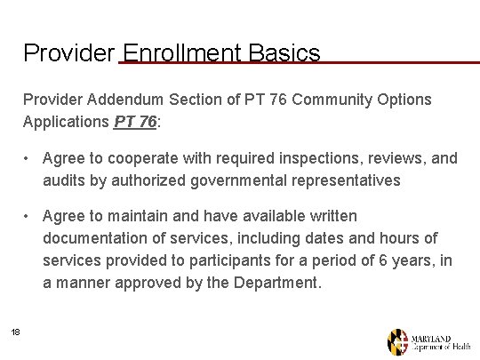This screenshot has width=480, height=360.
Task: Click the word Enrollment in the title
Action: (x=179, y=53)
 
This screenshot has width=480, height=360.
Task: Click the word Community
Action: (x=334, y=100)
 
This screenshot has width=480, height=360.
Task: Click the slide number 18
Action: (x=15, y=332)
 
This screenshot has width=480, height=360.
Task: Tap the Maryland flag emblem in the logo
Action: (x=397, y=341)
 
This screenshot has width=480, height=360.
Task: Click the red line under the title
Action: (x=356, y=62)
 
